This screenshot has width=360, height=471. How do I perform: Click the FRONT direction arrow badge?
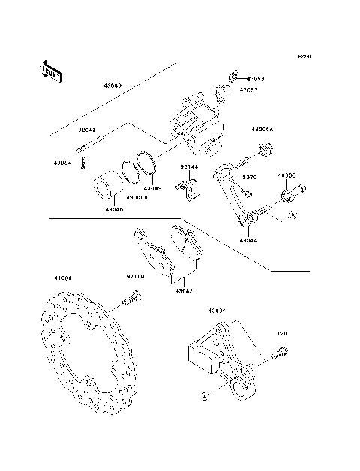coord(48,70)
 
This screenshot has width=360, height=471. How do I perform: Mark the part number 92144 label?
coord(187,167)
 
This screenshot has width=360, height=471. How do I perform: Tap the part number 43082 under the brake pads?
coord(184,289)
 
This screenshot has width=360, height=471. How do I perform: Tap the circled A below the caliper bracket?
coord(203,395)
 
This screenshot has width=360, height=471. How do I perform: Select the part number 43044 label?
coord(250,241)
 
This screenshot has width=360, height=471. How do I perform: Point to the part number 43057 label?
coord(248,88)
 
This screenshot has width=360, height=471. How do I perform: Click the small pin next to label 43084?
coord(85,158)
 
